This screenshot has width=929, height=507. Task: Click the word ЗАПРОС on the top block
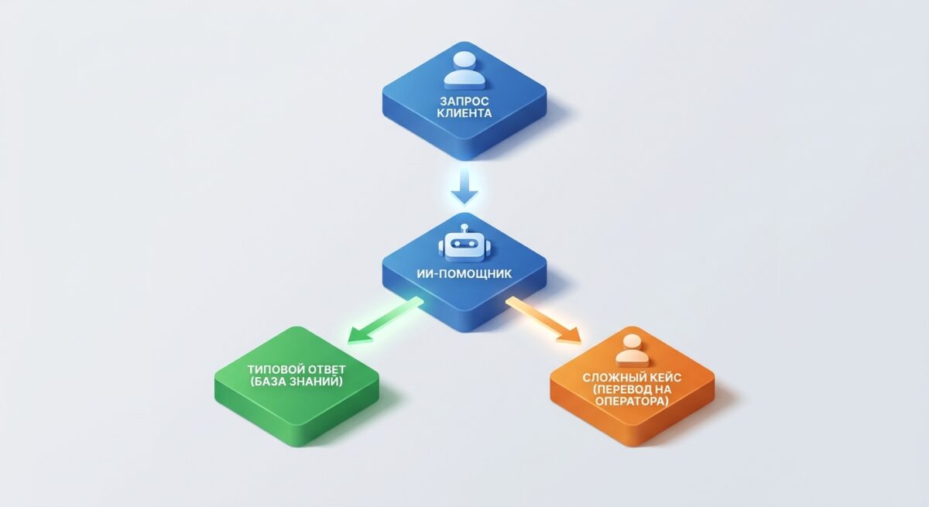click(464, 101)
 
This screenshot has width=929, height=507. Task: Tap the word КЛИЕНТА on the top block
click(464, 113)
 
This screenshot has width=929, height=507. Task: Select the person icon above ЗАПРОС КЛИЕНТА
click(464, 70)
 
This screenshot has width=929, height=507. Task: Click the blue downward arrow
click(464, 185)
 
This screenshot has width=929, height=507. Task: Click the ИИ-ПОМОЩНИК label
click(464, 273)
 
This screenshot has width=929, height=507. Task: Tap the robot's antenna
click(464, 228)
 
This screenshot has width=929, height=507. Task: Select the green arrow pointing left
click(385, 320)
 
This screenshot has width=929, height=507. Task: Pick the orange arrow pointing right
click(543, 320)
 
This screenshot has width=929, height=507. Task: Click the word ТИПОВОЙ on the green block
click(275, 369)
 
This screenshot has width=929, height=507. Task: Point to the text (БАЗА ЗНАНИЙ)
click(297, 382)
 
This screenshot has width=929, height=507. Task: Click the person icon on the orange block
click(632, 351)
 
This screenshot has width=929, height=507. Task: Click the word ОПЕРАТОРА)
click(632, 401)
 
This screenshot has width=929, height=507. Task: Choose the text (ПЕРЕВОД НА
click(632, 389)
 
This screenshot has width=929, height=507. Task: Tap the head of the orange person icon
click(632, 341)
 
